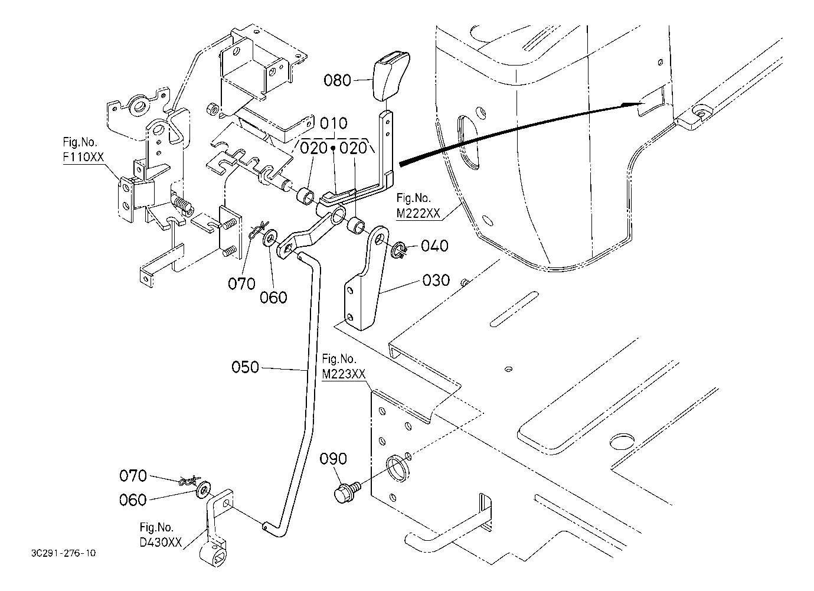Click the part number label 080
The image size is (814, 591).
337,80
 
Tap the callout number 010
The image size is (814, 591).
334,123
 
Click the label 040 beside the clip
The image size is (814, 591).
434,246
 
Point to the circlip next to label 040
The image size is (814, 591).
398,250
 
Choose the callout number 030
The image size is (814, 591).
436,280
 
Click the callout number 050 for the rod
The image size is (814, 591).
246,367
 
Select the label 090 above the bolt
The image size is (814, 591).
334,459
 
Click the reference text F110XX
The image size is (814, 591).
83,157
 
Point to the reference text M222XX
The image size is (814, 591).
418,213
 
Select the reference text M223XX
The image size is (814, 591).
344,374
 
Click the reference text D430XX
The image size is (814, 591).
161,543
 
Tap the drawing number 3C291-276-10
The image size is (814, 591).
64,553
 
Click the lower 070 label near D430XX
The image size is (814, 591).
133,476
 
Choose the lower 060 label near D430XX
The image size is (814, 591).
133,500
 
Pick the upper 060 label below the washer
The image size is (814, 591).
273,298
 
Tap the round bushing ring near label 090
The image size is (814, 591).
397,469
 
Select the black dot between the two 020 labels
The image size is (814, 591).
333,148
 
